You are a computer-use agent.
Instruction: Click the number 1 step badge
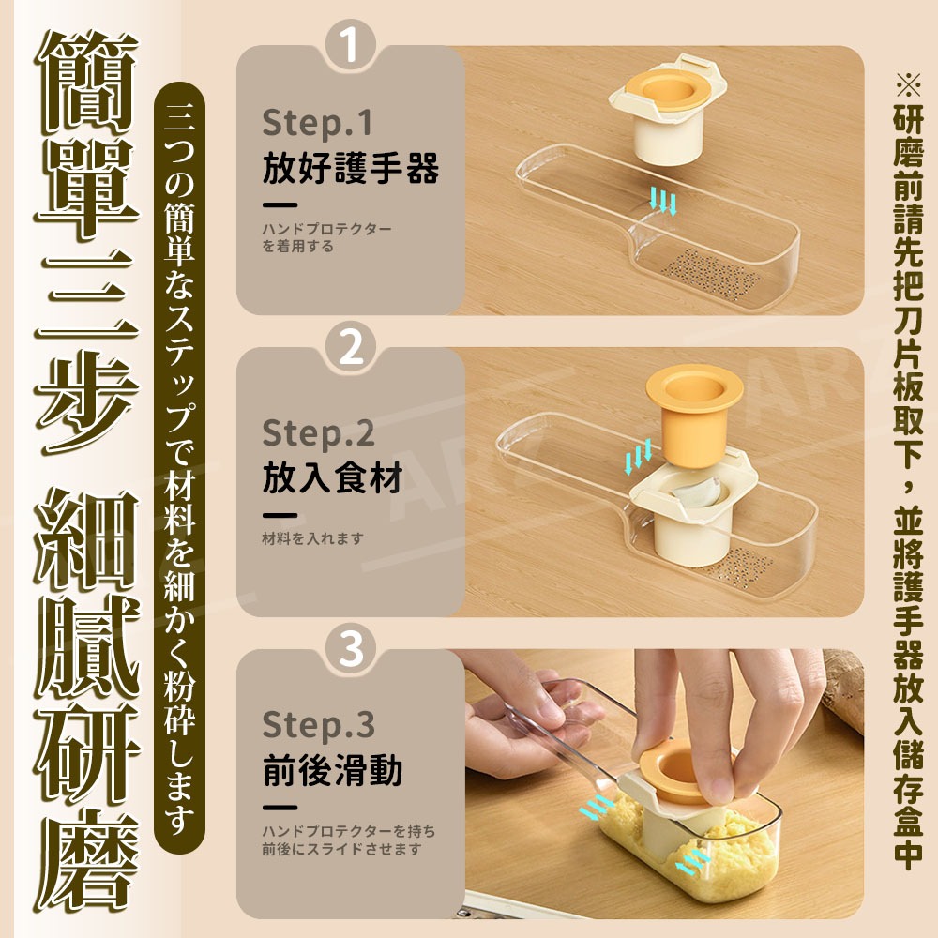[351, 48]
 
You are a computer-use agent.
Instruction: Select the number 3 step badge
[351, 649]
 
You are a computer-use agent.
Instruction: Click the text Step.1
[317, 124]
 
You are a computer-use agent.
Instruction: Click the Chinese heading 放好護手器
[350, 170]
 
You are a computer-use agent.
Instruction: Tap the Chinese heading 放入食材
[332, 478]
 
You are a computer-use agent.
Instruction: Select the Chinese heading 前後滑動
[332, 771]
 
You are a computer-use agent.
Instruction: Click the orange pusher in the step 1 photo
[667, 94]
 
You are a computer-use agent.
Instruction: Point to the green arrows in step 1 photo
[664, 200]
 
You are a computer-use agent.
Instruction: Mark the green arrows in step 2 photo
[639, 460]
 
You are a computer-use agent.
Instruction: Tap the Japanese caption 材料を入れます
[311, 538]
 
